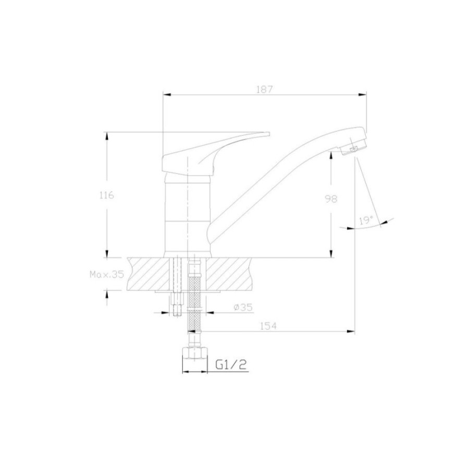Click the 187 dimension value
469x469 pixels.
265,89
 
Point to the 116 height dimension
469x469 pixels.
106,195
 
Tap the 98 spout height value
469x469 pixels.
331,199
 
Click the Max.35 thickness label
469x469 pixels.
107,275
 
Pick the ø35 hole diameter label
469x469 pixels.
243,307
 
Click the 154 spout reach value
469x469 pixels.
268,326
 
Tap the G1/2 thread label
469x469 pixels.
231,364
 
